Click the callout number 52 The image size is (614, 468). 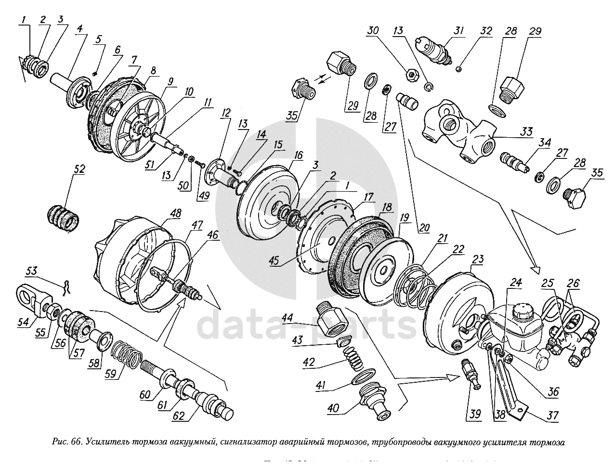[79, 169]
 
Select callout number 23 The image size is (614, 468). [477, 260]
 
